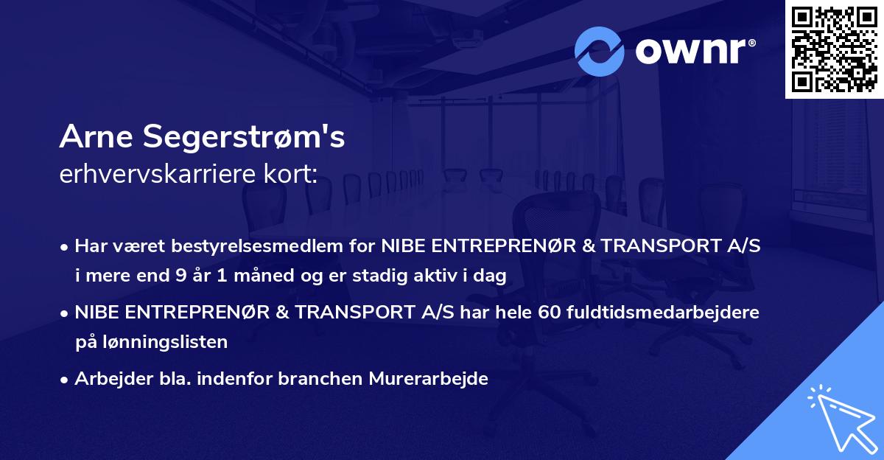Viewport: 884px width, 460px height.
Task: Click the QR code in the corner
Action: coord(834,49)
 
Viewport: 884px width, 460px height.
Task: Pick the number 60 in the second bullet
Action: coord(550,313)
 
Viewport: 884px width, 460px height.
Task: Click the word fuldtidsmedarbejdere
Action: coord(664,313)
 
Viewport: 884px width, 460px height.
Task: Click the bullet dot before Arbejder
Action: coord(65,380)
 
